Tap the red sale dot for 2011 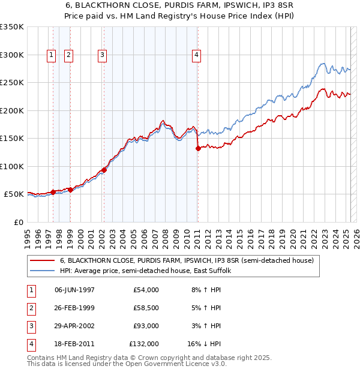point(198,149)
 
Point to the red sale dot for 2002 point(104,170)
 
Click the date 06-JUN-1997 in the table point(74,290)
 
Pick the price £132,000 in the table point(144,344)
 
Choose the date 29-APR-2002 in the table point(74,326)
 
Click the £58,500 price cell point(146,308)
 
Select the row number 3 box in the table point(29,326)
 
